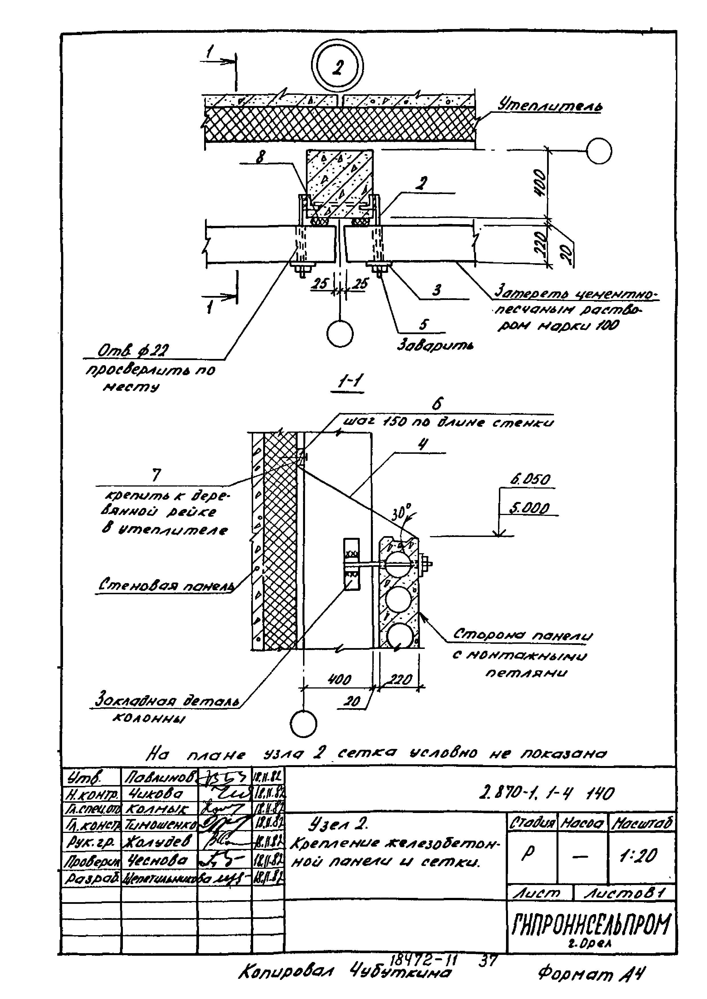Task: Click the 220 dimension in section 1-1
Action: (x=400, y=680)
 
